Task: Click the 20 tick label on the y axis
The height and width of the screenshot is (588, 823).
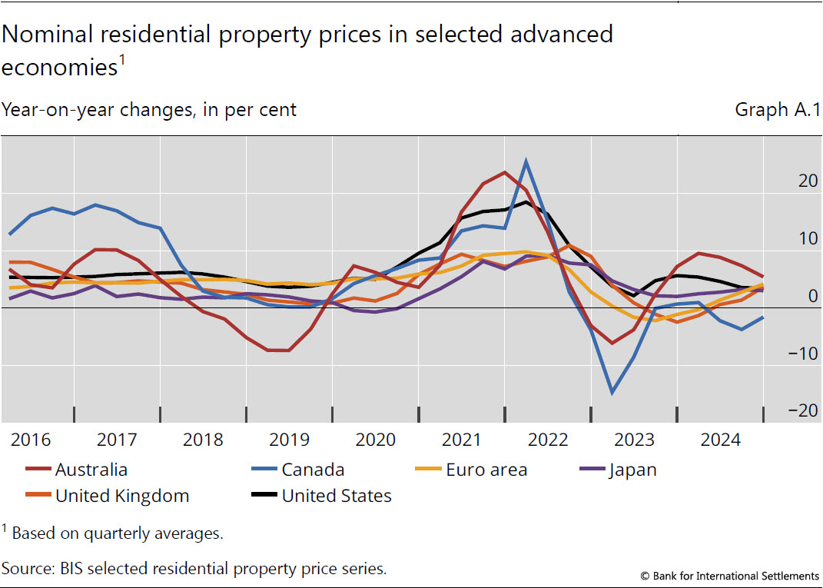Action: tap(808, 181)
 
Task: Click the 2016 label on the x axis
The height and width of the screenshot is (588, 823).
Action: tap(31, 440)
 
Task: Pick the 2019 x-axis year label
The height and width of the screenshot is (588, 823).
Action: tap(289, 440)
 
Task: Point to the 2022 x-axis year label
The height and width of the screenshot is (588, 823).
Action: tap(547, 440)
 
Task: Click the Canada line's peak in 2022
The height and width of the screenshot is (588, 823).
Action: tap(526, 161)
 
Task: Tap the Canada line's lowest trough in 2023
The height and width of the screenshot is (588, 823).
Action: tap(612, 393)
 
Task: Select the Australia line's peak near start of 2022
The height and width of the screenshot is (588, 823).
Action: tap(505, 172)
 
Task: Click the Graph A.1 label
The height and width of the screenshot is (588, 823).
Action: tap(777, 110)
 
